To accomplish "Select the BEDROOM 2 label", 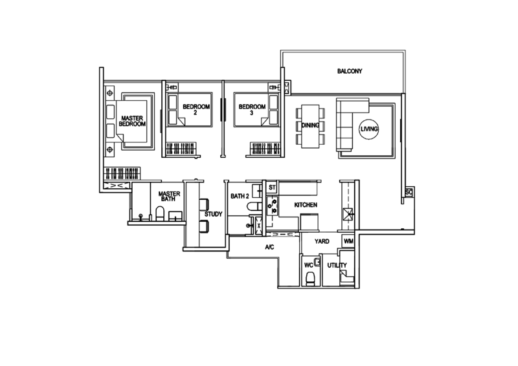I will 196,107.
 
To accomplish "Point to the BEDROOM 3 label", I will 252,107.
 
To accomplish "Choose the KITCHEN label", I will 305,205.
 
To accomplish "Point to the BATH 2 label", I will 240,196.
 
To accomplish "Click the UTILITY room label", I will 334,266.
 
